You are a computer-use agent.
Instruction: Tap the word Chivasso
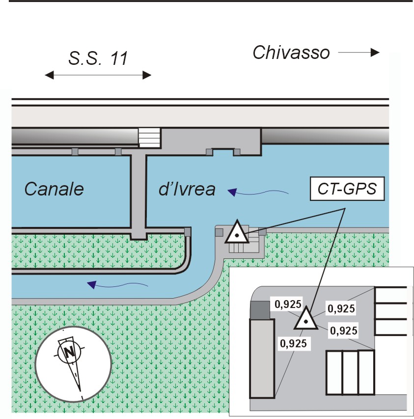pyautogui.click(x=291, y=53)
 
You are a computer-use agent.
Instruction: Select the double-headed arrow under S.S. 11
pyautogui.click(x=98, y=75)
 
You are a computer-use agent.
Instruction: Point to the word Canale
pyautogui.click(x=54, y=189)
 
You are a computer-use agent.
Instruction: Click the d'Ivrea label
pyautogui.click(x=187, y=189)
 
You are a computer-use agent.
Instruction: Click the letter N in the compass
pyautogui.click(x=69, y=351)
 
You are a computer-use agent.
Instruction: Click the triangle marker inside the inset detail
pyautogui.click(x=305, y=319)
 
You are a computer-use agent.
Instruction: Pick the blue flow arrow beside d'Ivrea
pyautogui.click(x=260, y=193)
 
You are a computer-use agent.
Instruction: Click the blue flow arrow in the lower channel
pyautogui.click(x=116, y=283)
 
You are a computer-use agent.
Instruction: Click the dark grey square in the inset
pyautogui.click(x=260, y=310)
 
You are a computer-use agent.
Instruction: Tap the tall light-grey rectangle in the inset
pyautogui.click(x=262, y=359)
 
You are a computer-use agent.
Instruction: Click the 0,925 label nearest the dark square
pyautogui.click(x=288, y=304)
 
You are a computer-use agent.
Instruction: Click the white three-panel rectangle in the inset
pyautogui.click(x=350, y=372)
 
